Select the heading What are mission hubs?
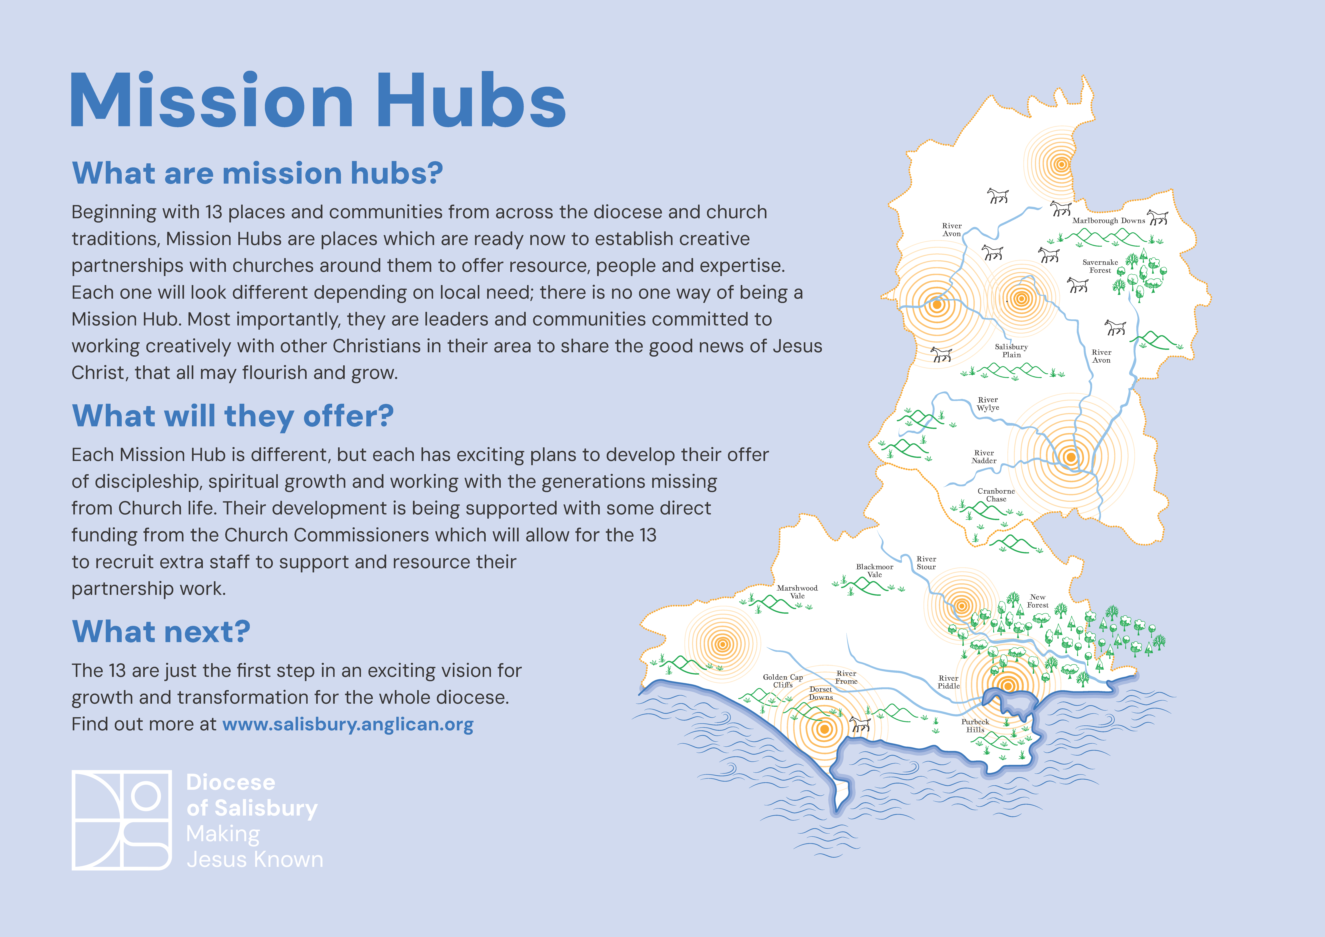coord(257,173)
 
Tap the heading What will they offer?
coord(233,416)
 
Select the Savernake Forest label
coord(1100,266)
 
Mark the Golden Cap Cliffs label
coord(782,681)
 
